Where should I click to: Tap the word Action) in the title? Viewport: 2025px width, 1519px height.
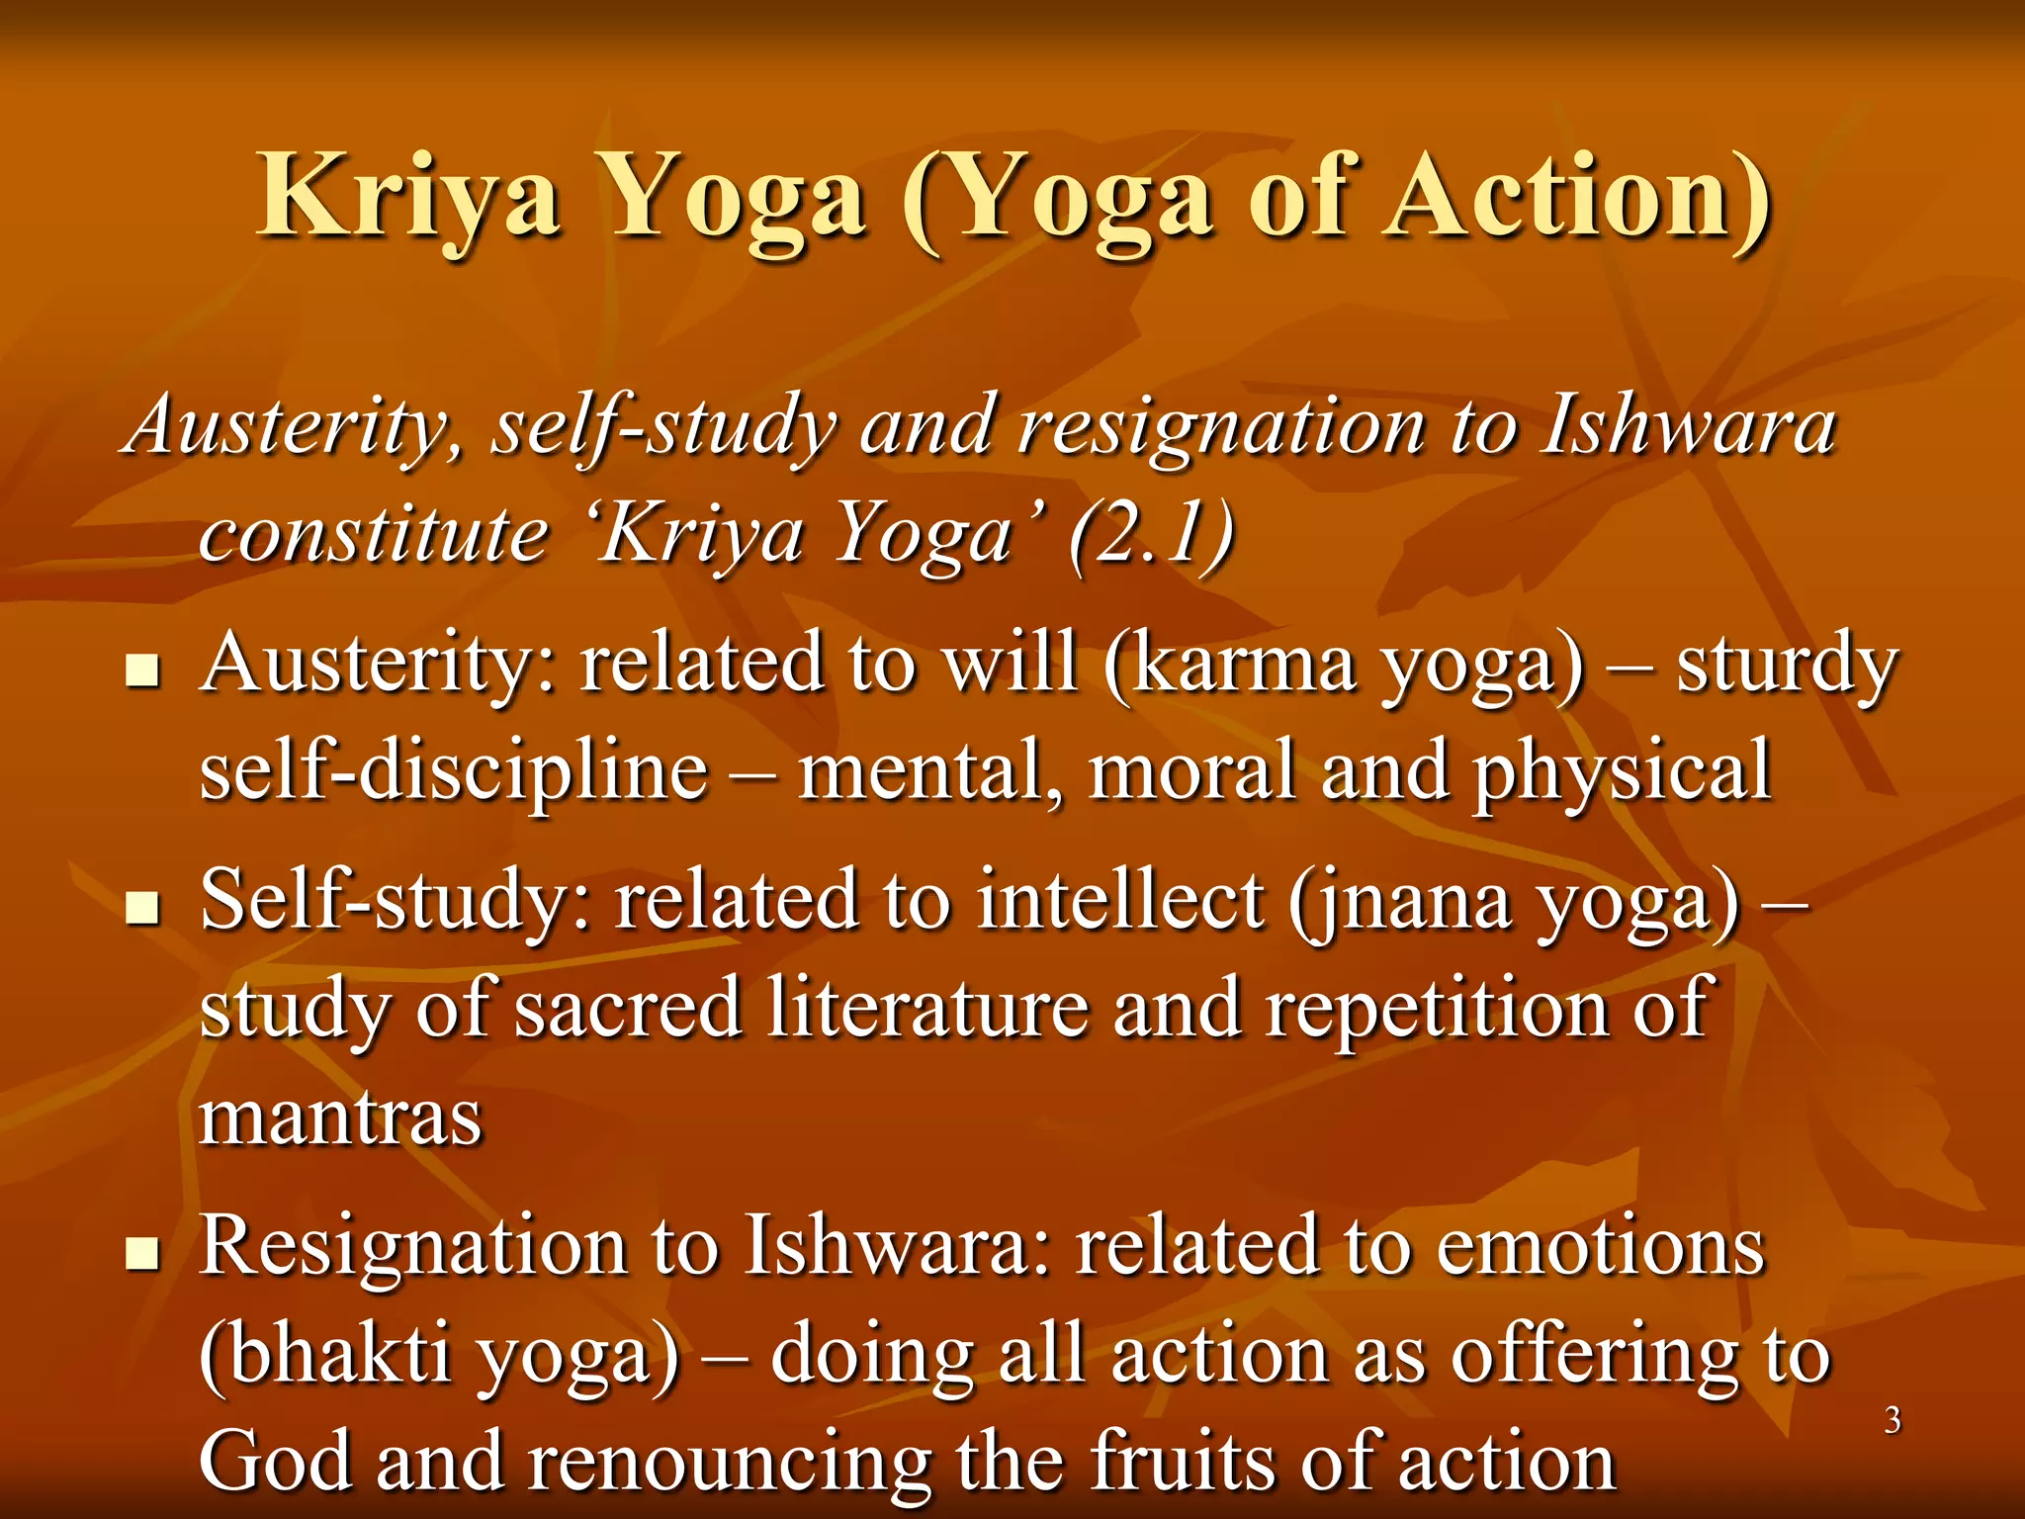[x=1576, y=197]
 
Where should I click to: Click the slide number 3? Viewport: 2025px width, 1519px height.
[x=1892, y=1420]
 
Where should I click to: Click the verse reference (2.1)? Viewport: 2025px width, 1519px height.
[x=1152, y=534]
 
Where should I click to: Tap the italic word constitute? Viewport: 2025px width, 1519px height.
[x=374, y=534]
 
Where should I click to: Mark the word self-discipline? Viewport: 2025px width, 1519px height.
[x=454, y=771]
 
